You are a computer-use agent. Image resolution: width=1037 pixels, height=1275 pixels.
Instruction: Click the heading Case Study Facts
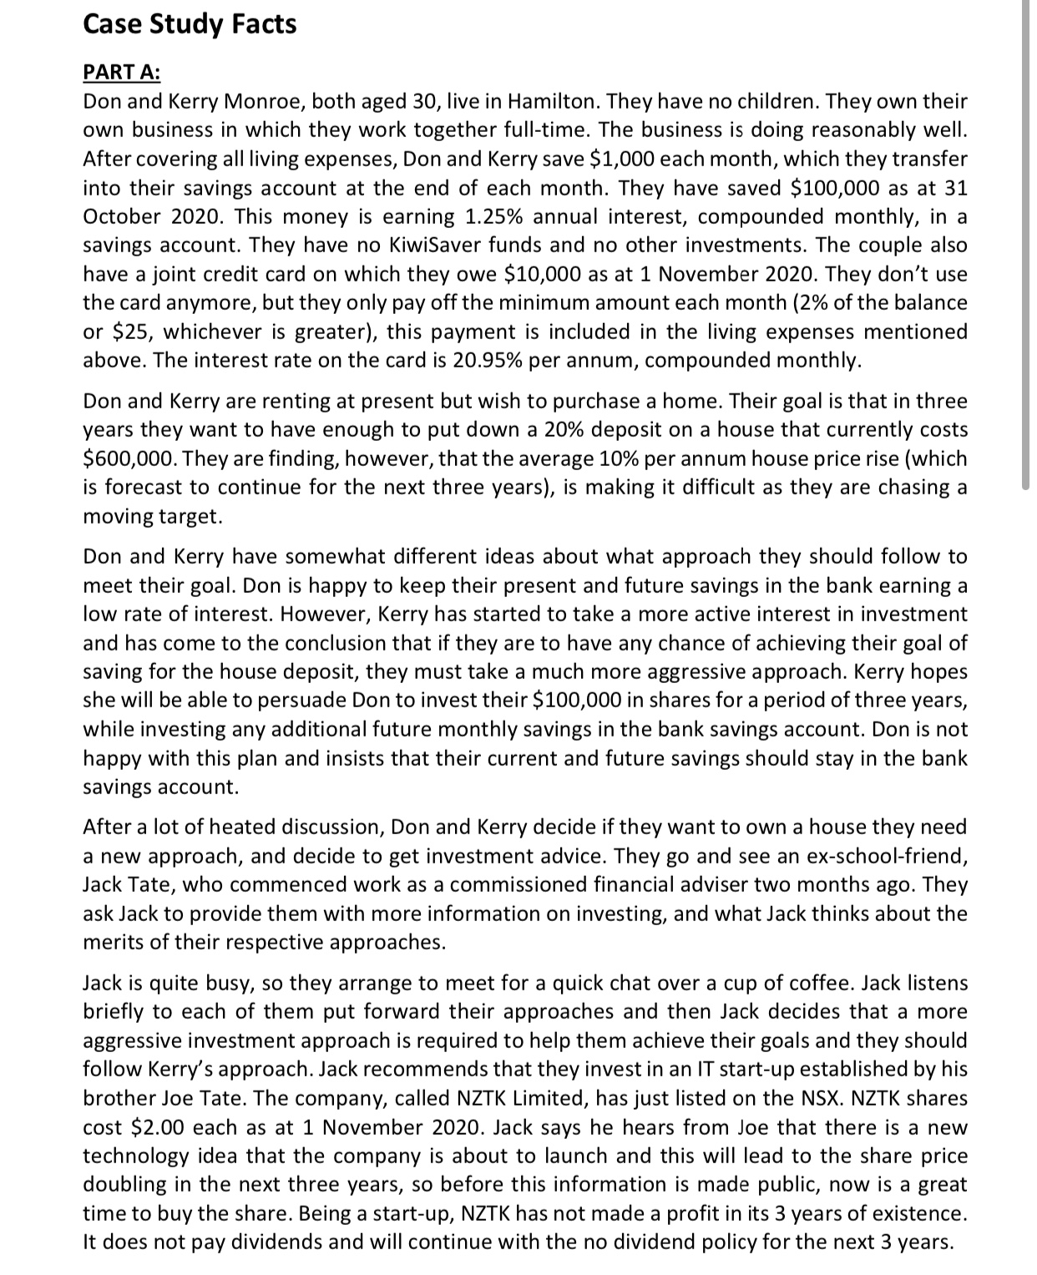(x=190, y=24)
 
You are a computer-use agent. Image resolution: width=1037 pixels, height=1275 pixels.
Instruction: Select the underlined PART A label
(x=122, y=73)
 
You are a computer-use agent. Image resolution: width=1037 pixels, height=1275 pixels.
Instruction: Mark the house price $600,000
(x=125, y=458)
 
